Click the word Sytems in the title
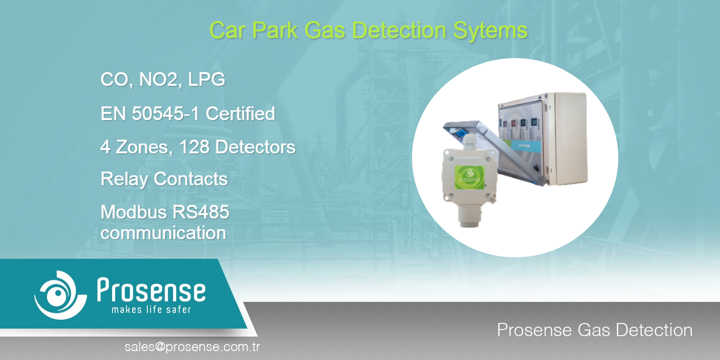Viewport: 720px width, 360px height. [490, 31]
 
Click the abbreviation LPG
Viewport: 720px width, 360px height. [206, 79]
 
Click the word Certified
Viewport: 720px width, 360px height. [240, 113]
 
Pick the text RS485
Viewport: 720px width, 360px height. [201, 212]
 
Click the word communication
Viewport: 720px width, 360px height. [163, 232]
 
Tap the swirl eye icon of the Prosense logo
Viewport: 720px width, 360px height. [60, 295]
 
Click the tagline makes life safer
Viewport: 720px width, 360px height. [151, 309]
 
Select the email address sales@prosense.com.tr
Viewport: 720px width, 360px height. [192, 347]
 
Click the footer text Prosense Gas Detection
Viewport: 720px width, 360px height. [595, 330]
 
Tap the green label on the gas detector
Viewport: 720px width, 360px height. [469, 178]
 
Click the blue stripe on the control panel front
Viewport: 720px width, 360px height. [526, 146]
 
